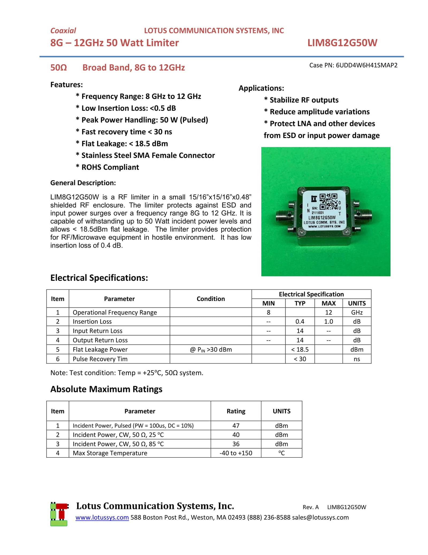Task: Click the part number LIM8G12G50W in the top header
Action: pyautogui.click(x=342, y=43)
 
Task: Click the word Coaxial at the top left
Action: pyautogui.click(x=63, y=31)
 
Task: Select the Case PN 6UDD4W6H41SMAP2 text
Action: pyautogui.click(x=353, y=65)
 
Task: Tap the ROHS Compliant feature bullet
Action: pyautogui.click(x=110, y=167)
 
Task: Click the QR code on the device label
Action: pyautogui.click(x=328, y=202)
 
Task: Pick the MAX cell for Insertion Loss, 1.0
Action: pyautogui.click(x=328, y=321)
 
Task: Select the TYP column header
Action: pyautogui.click(x=300, y=303)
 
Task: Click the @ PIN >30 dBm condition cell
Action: pyautogui.click(x=211, y=349)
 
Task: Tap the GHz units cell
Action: pyautogui.click(x=357, y=312)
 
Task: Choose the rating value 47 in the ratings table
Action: pyautogui.click(x=236, y=426)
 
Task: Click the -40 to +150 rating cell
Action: pyautogui.click(x=236, y=453)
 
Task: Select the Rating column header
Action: pyautogui.click(x=236, y=411)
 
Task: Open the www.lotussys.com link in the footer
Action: pyautogui.click(x=102, y=517)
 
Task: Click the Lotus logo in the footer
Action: pyautogui.click(x=59, y=514)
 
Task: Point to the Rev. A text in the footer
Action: pyautogui.click(x=310, y=507)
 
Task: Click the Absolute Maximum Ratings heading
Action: pyautogui.click(x=106, y=389)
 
